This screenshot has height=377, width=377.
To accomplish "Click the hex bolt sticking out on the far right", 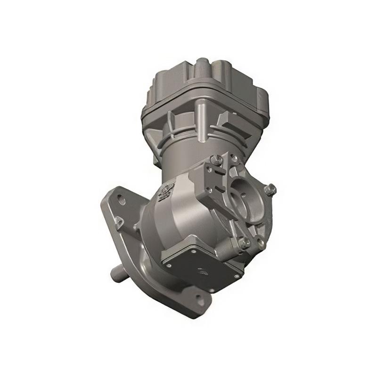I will pyautogui.click(x=270, y=189).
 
